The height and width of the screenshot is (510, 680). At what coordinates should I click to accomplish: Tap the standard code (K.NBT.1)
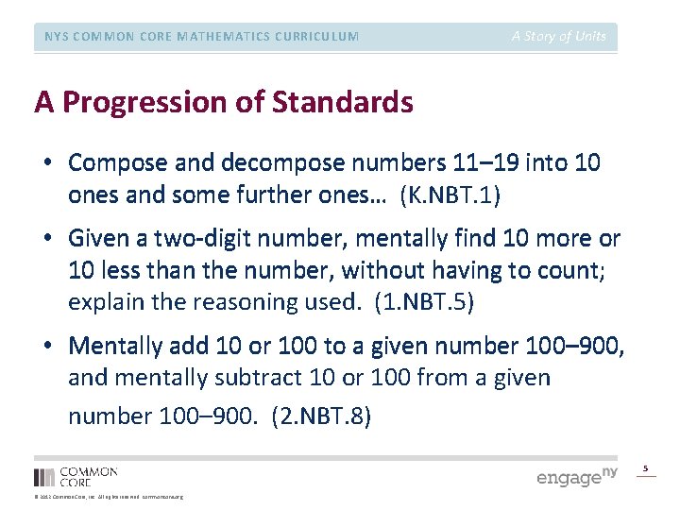click(450, 195)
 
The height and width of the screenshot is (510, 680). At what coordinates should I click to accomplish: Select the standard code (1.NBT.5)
click(424, 302)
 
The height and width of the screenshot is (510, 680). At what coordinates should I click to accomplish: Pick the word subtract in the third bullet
click(261, 378)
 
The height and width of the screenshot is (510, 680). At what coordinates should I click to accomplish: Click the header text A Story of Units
click(558, 37)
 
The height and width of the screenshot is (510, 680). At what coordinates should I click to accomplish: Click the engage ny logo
click(575, 476)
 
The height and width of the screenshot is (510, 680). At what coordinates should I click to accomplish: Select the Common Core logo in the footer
click(76, 476)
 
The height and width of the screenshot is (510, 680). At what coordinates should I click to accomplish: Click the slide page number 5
click(646, 468)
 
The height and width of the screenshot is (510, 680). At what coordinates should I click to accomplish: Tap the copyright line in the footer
click(109, 497)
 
